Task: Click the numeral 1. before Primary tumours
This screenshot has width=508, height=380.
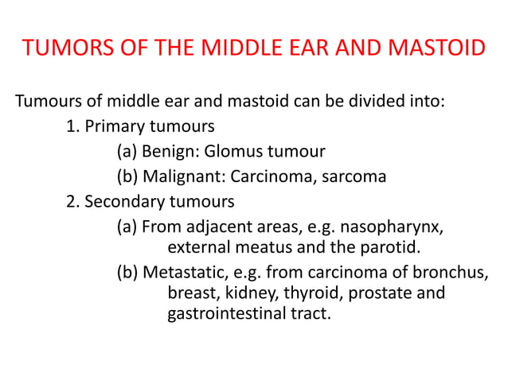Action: [x=72, y=126]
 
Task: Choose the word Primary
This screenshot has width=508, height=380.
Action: [x=113, y=126]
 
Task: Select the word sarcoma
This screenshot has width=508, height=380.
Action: [x=354, y=176]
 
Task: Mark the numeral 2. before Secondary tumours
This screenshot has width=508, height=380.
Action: [x=72, y=201]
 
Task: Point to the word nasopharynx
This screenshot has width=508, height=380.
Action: [x=396, y=227]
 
